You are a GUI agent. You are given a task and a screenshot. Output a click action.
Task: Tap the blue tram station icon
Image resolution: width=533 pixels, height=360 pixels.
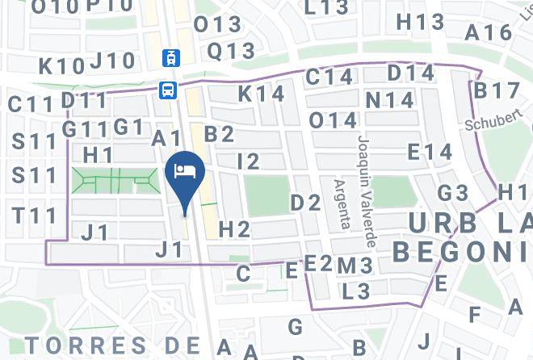tap(170, 57)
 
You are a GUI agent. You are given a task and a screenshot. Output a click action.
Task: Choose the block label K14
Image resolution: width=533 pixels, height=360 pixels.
tap(261, 94)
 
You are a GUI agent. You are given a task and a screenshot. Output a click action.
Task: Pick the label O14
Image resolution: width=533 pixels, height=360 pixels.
tap(333, 121)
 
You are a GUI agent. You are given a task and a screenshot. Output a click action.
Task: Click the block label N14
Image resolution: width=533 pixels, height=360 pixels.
tap(388, 101)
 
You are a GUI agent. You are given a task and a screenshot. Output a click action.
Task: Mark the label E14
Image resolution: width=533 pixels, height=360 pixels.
tap(430, 152)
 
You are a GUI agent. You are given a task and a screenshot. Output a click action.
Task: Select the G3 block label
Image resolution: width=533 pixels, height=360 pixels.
tap(453, 194)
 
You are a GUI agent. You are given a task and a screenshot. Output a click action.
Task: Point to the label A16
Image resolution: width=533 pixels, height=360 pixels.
tap(489, 33)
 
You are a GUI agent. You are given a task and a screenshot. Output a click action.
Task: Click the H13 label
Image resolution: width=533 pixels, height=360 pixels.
tap(420, 23)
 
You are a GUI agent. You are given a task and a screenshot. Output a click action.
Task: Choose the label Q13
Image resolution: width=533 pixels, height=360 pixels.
tap(231, 51)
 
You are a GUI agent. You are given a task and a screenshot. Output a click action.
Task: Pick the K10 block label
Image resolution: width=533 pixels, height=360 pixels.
tap(61, 66)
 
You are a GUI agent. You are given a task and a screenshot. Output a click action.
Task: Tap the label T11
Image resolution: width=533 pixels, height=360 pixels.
tap(35, 216)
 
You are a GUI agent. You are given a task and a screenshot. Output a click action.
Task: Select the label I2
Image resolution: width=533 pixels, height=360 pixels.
tap(249, 161)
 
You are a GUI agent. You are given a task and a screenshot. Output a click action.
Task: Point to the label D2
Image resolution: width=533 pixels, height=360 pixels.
tap(306, 203)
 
